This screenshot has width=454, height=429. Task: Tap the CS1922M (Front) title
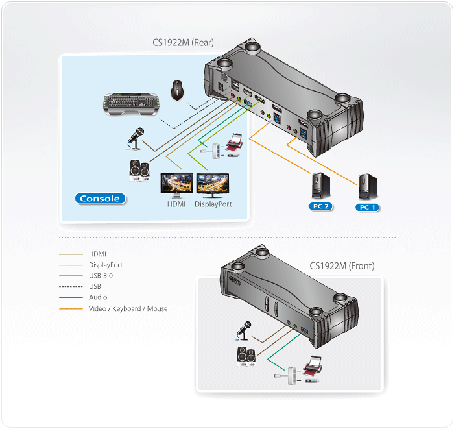pos(342,266)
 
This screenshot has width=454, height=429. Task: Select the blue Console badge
pos(100,199)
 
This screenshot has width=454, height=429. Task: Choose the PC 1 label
pos(368,206)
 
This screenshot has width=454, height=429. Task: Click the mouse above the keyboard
pos(177,90)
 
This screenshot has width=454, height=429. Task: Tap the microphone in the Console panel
pos(135,138)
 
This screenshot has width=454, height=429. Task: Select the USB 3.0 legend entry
pos(101,276)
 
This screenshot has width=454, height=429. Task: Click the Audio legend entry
pos(98,298)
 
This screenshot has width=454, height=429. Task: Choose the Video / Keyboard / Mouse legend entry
pos(128,309)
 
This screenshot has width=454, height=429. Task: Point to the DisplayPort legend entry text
pos(105,265)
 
